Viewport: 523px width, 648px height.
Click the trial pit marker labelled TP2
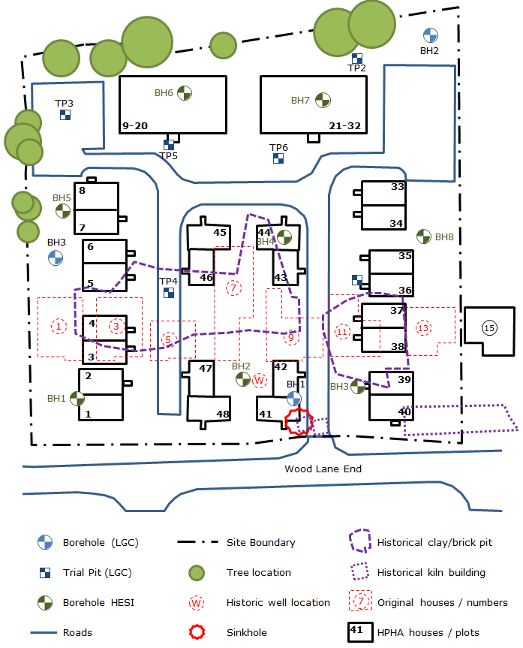point(357,58)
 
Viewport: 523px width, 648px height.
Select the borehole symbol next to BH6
point(184,92)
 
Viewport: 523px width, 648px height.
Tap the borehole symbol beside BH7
point(322,99)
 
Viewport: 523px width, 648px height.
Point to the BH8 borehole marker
point(423,237)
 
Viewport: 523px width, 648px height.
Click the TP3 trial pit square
point(65,115)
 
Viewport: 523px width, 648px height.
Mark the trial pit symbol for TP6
point(278,158)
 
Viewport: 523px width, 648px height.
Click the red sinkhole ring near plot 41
point(298,421)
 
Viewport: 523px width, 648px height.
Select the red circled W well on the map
point(260,380)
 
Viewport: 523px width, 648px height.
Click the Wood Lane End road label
point(323,469)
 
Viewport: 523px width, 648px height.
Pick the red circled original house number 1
point(58,326)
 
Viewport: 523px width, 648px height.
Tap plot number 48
point(222,414)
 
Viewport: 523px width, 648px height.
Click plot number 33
point(397,187)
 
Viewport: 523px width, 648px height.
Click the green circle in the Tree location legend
point(196,573)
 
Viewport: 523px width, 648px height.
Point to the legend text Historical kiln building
point(431,572)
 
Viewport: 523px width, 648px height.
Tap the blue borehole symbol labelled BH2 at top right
point(430,35)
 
